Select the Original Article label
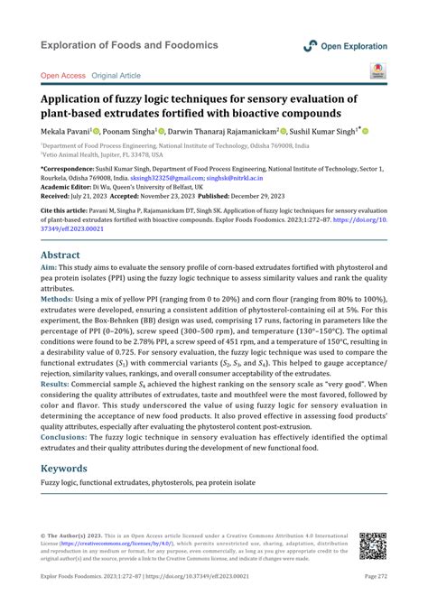click(x=116, y=77)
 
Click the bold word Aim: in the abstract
click(x=50, y=269)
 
